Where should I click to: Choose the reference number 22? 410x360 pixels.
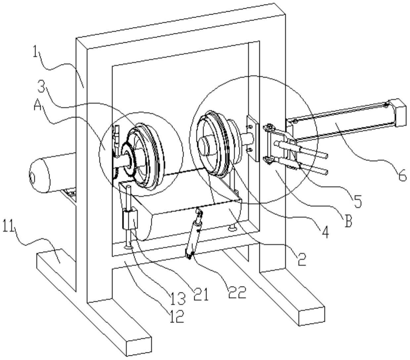tap(238, 292)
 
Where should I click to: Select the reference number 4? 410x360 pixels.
tap(325, 232)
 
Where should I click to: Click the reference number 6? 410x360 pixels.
tap(402, 176)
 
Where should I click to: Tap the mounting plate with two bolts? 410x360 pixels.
tap(253, 137)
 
